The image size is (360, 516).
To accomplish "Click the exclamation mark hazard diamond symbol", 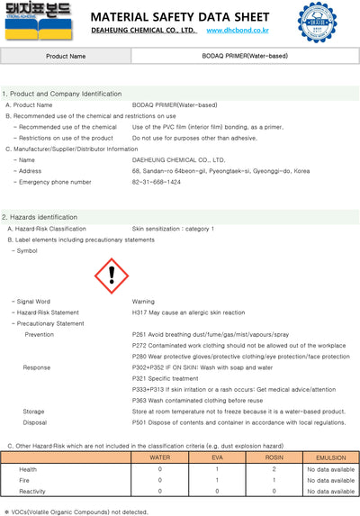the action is pyautogui.click(x=112, y=272).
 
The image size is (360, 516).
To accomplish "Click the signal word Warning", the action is pyautogui.click(x=143, y=302).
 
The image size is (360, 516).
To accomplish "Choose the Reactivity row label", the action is pyautogui.click(x=33, y=492).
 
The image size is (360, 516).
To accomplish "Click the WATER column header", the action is pyautogui.click(x=159, y=458).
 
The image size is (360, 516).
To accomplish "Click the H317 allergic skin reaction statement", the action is pyautogui.click(x=188, y=312).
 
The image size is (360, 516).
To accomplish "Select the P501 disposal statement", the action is pyautogui.click(x=238, y=421).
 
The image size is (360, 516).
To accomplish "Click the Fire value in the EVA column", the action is pyautogui.click(x=216, y=480).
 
